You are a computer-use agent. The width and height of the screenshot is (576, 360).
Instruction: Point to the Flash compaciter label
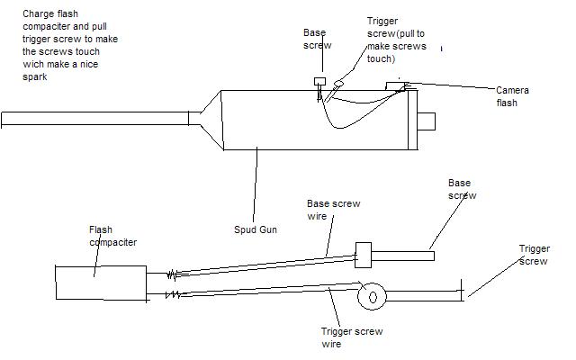point(112,236)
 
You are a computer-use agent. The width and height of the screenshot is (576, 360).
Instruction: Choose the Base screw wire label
point(333,210)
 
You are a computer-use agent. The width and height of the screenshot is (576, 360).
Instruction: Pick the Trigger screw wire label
point(350,337)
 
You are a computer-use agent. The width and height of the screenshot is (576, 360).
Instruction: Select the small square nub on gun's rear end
point(427,120)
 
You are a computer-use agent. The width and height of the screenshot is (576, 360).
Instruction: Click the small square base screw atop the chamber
point(319,81)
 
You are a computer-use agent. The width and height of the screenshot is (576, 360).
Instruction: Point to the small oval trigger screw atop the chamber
point(338,85)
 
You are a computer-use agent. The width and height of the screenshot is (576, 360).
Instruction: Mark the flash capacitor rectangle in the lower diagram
point(100,283)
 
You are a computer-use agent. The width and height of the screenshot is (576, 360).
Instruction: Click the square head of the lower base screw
point(364,255)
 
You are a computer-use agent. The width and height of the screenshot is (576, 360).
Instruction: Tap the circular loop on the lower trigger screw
point(371,294)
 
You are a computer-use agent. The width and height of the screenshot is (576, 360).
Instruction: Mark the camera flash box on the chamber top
point(396,86)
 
